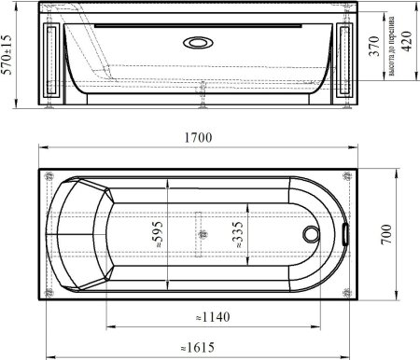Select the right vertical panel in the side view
tap(347, 60)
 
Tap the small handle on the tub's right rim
tap(345, 229)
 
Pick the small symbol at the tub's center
tap(199, 229)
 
